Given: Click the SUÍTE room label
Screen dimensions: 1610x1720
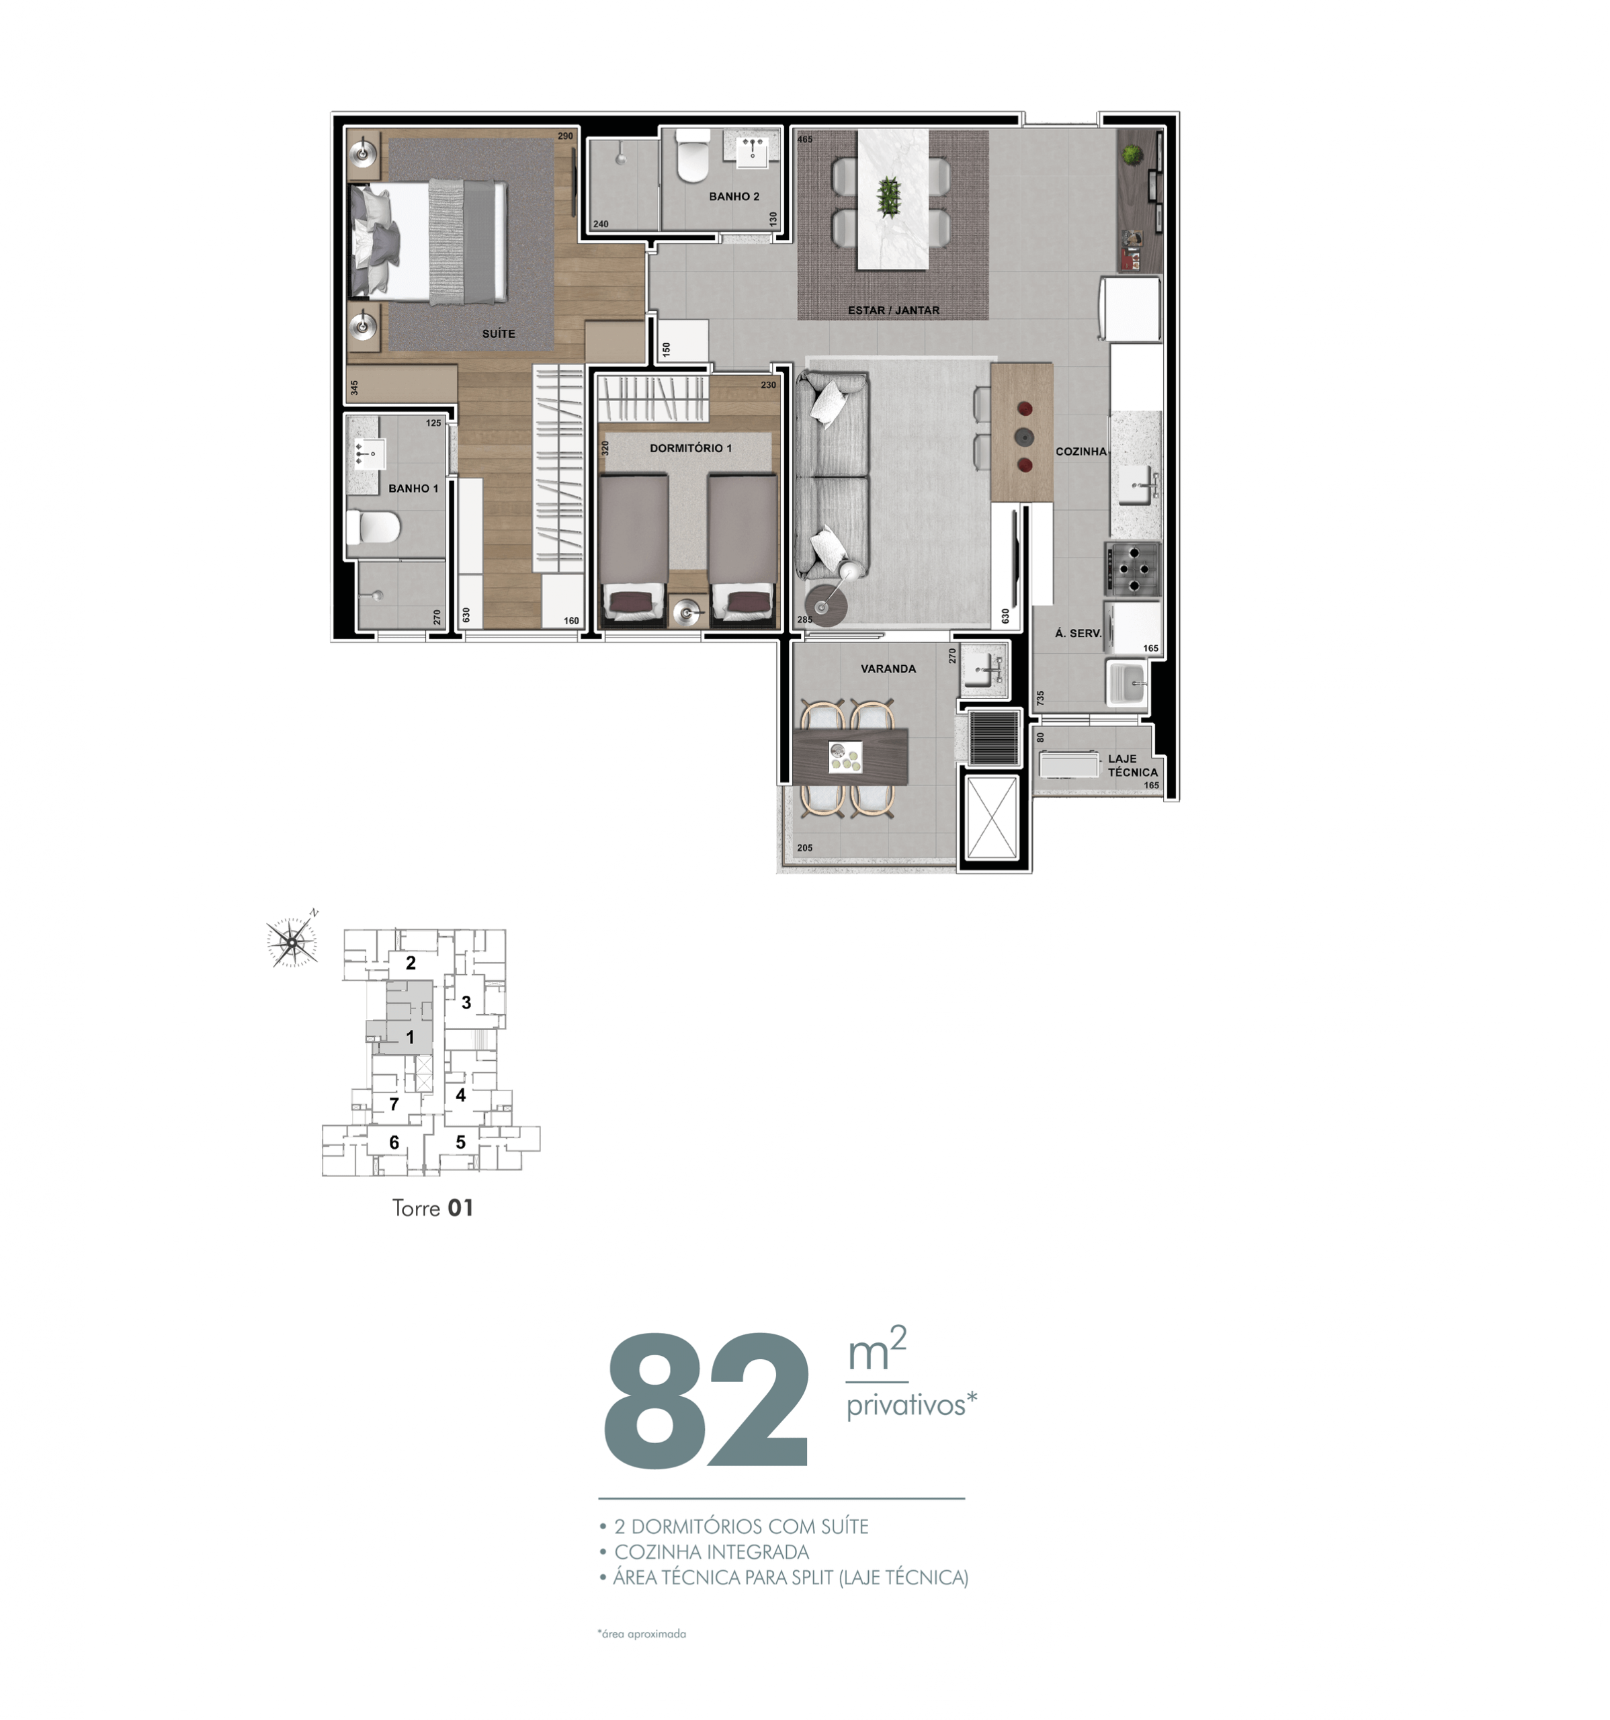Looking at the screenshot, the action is click(499, 333).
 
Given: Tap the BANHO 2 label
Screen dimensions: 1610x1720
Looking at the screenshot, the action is click(734, 196).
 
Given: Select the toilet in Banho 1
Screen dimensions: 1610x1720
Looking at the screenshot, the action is click(373, 527).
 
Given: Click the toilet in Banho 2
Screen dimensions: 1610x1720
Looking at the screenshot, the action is click(692, 156).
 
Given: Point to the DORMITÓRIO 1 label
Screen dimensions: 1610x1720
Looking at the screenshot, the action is click(690, 448).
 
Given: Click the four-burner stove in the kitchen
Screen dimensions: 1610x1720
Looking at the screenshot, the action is click(1132, 568).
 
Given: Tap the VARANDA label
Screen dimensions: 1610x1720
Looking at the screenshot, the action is click(888, 669).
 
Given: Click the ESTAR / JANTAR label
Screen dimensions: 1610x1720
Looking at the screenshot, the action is click(893, 310).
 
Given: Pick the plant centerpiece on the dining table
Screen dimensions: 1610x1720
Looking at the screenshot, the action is click(888, 196).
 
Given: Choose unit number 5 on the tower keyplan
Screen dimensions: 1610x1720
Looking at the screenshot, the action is click(460, 1142).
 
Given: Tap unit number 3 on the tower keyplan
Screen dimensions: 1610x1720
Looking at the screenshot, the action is click(466, 1002).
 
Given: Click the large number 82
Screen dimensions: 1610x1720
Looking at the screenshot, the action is click(706, 1400).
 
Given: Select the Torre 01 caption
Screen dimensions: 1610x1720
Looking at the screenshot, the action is click(433, 1208).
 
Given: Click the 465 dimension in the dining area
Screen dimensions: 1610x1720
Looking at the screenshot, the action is click(804, 139).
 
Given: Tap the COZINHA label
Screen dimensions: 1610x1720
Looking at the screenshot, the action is click(1081, 451).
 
